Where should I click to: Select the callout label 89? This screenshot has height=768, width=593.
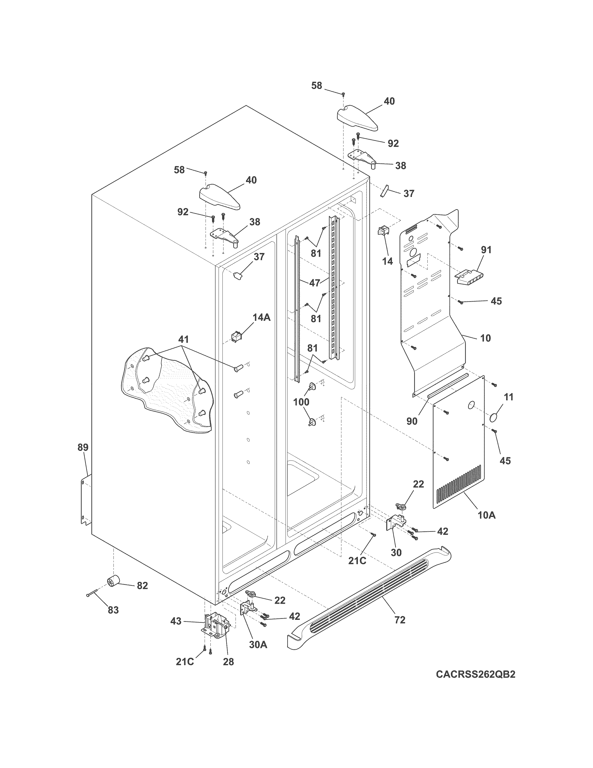pos(83,448)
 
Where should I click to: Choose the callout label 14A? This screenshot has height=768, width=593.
pos(261,317)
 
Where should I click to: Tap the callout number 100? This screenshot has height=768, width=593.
pos(301,402)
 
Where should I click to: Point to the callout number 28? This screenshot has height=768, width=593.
pos(228,662)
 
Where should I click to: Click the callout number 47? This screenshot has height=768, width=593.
pos(315,283)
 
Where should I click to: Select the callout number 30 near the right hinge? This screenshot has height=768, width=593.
pos(396,552)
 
